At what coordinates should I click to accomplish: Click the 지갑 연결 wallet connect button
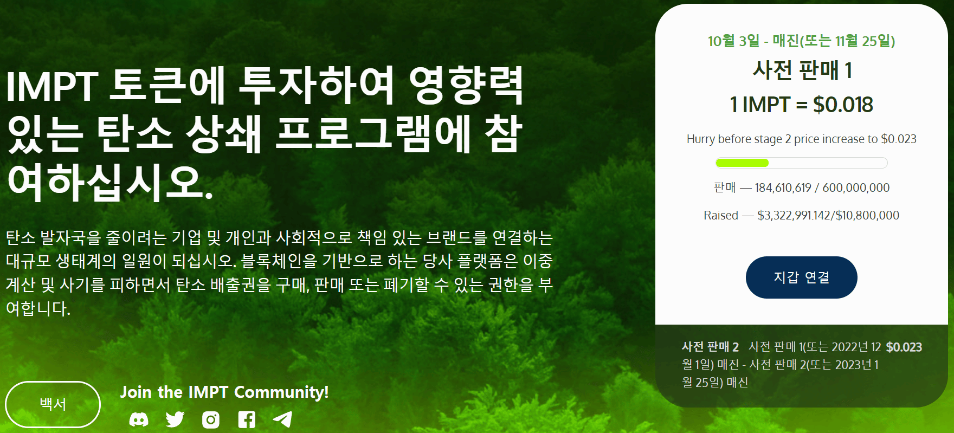pyautogui.click(x=801, y=277)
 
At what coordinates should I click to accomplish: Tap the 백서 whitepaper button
pyautogui.click(x=53, y=404)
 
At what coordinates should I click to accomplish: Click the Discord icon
pyautogui.click(x=139, y=419)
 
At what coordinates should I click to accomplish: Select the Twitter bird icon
pyautogui.click(x=175, y=419)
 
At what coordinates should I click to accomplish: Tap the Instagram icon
pyautogui.click(x=211, y=419)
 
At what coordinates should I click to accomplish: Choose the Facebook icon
pyautogui.click(x=247, y=419)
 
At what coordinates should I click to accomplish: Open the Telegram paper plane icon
pyautogui.click(x=282, y=419)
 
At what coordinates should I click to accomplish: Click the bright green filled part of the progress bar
pyautogui.click(x=742, y=163)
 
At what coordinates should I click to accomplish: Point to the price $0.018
pyautogui.click(x=843, y=105)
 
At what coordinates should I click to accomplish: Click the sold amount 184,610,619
pyautogui.click(x=783, y=188)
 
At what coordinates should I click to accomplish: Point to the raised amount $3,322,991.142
pyautogui.click(x=794, y=215)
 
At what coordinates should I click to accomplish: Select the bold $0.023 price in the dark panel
pyautogui.click(x=904, y=347)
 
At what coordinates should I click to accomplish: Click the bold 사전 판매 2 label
pyautogui.click(x=710, y=347)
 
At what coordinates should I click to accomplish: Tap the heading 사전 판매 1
pyautogui.click(x=802, y=70)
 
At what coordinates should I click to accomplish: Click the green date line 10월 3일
pyautogui.click(x=734, y=41)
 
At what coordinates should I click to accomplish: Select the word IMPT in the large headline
pyautogui.click(x=52, y=87)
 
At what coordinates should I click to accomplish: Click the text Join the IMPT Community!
pyautogui.click(x=224, y=392)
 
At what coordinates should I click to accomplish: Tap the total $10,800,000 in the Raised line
pyautogui.click(x=867, y=215)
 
